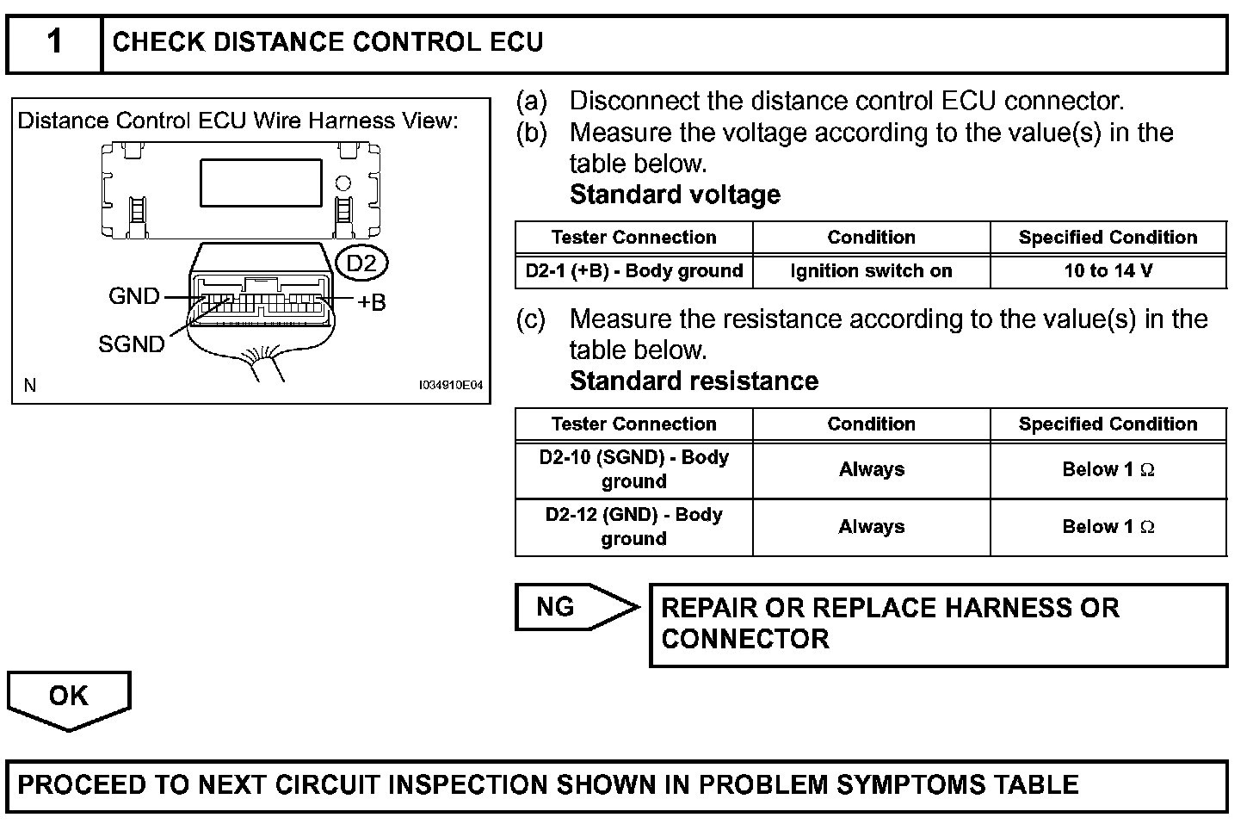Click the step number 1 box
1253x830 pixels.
(54, 42)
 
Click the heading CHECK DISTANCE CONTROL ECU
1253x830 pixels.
(328, 42)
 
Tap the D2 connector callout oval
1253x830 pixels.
(361, 263)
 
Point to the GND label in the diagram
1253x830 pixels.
(134, 296)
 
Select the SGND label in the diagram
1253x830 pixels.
(131, 344)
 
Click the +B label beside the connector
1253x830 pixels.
(371, 301)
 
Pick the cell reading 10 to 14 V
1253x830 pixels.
(1108, 271)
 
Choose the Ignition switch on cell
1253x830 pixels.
(871, 271)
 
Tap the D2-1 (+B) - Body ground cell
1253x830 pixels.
(634, 271)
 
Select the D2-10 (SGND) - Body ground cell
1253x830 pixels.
(634, 469)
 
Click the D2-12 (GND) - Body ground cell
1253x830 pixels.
(634, 527)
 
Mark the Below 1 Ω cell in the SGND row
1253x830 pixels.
(1108, 469)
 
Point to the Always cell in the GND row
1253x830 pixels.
(871, 527)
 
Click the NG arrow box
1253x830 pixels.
(572, 607)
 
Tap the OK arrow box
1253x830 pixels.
(69, 697)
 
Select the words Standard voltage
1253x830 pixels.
(675, 195)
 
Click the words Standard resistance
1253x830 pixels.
(694, 381)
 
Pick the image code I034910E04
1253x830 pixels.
(451, 387)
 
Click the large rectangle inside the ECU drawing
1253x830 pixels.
(261, 183)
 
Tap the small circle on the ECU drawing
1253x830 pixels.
(343, 183)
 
